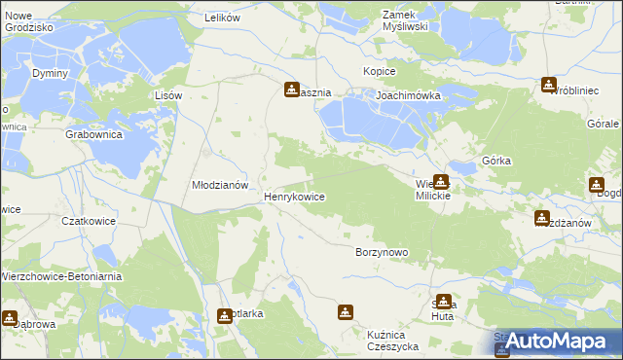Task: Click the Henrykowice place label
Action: [294, 197]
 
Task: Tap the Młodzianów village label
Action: [221, 184]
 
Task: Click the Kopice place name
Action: [379, 72]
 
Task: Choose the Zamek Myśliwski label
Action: [406, 20]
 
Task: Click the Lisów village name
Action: [168, 95]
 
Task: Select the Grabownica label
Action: [93, 135]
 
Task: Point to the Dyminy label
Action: [50, 74]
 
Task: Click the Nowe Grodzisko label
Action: [28, 22]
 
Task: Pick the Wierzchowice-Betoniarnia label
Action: [54, 275]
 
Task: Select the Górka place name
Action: [496, 161]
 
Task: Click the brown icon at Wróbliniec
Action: [549, 85]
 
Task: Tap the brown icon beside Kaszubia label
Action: [291, 90]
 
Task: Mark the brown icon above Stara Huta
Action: [444, 302]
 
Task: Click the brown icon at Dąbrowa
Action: [10, 316]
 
